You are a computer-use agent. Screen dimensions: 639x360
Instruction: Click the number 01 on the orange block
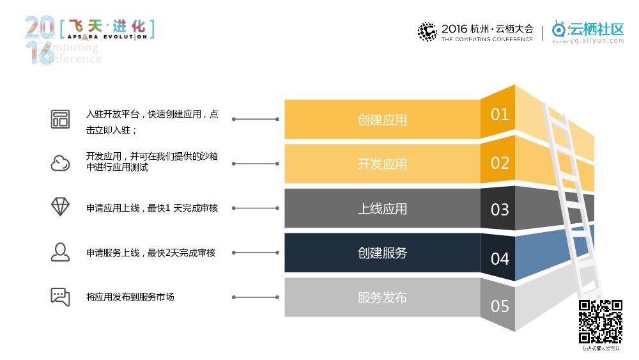[500, 114]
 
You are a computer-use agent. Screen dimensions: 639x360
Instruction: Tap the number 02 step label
[500, 162]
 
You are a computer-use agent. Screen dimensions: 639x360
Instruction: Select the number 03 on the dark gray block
[500, 210]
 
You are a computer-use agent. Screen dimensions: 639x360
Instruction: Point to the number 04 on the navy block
[500, 258]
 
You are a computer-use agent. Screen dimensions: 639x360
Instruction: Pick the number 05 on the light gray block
[500, 306]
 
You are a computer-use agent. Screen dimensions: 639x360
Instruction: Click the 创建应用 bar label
[382, 120]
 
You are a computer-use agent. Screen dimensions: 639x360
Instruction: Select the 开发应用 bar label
[382, 164]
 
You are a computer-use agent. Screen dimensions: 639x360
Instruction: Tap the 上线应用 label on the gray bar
[382, 208]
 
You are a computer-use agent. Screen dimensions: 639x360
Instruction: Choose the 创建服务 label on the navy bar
[382, 253]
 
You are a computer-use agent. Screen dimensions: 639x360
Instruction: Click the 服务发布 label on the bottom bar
[382, 297]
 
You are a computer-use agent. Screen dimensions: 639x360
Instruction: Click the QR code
[601, 322]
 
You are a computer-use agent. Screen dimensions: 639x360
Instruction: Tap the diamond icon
[60, 207]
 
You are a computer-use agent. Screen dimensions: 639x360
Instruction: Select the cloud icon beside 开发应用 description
[60, 163]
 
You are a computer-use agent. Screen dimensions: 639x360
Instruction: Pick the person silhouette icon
[60, 252]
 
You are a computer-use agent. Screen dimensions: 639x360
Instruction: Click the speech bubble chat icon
[60, 297]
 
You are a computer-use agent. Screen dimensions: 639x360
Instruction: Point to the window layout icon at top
[60, 119]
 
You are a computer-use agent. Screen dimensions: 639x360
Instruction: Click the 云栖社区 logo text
[596, 29]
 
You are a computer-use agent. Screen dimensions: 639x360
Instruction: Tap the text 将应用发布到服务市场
[130, 297]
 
